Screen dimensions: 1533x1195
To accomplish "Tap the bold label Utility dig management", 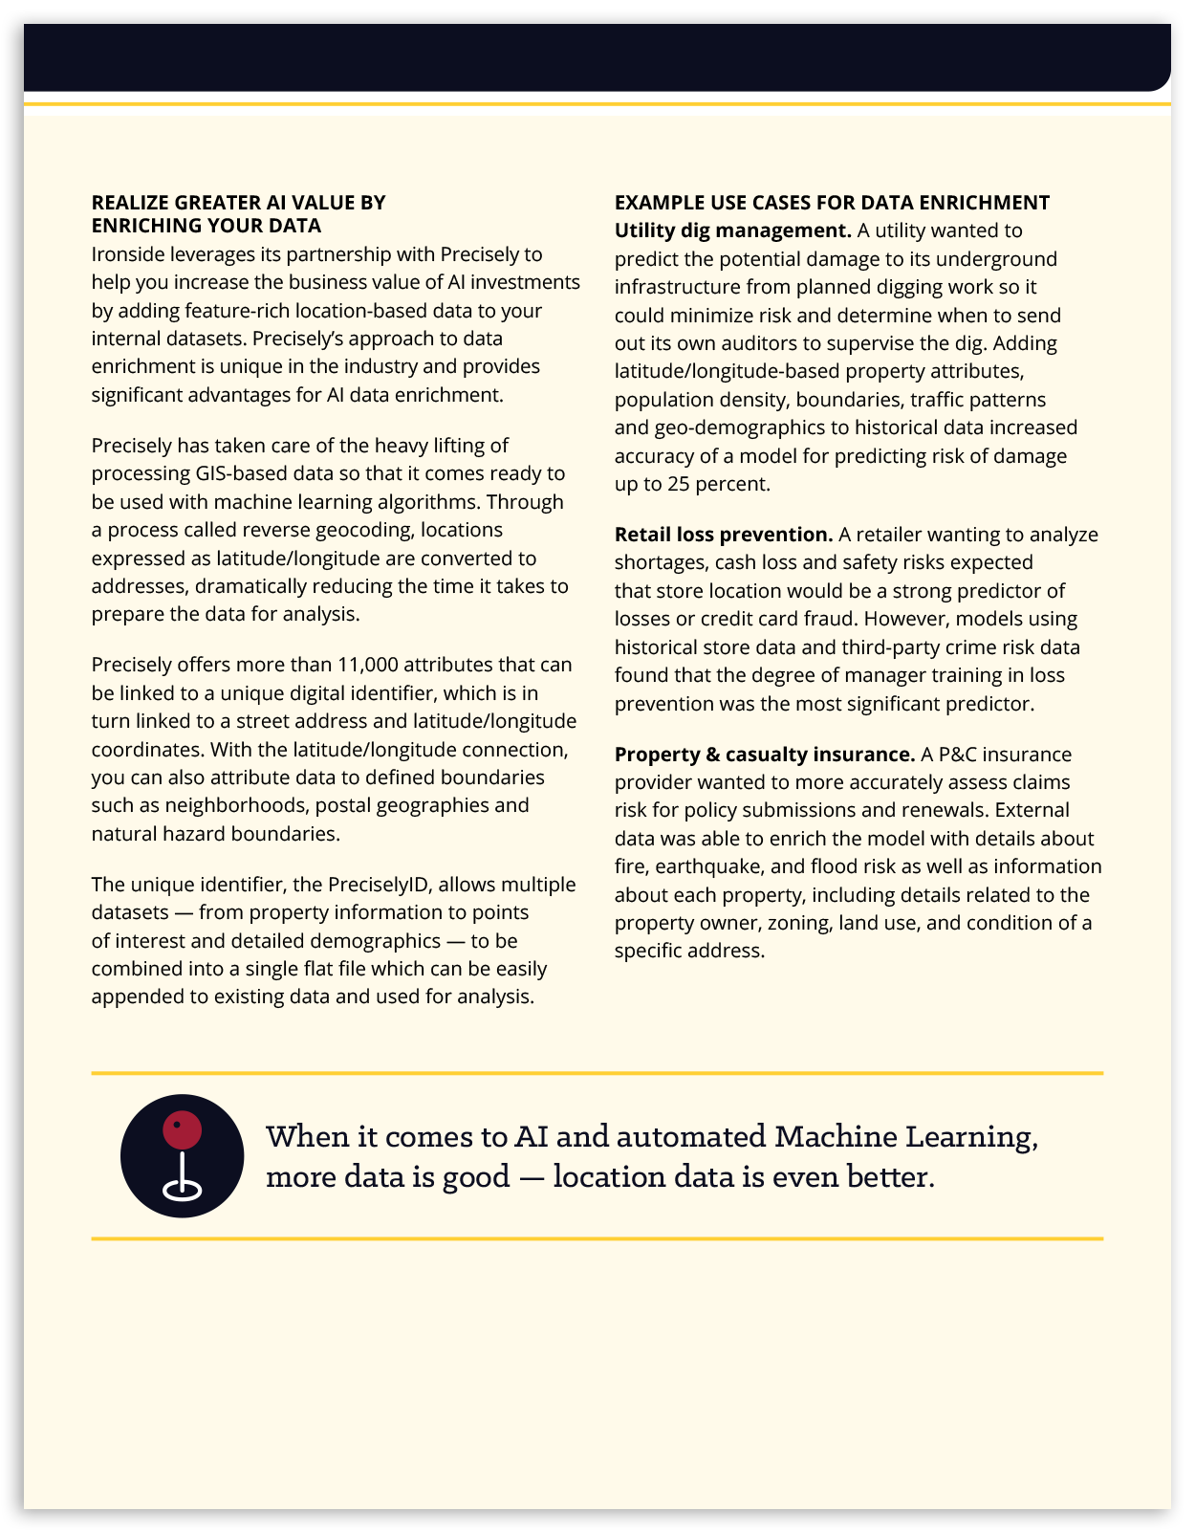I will [x=732, y=230].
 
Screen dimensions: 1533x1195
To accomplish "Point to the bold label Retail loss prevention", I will [x=724, y=535].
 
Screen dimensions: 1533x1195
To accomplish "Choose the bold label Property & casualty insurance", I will [x=765, y=755].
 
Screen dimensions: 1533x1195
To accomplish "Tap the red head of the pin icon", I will [x=182, y=1129].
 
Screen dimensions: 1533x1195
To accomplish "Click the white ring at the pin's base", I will [x=182, y=1190].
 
